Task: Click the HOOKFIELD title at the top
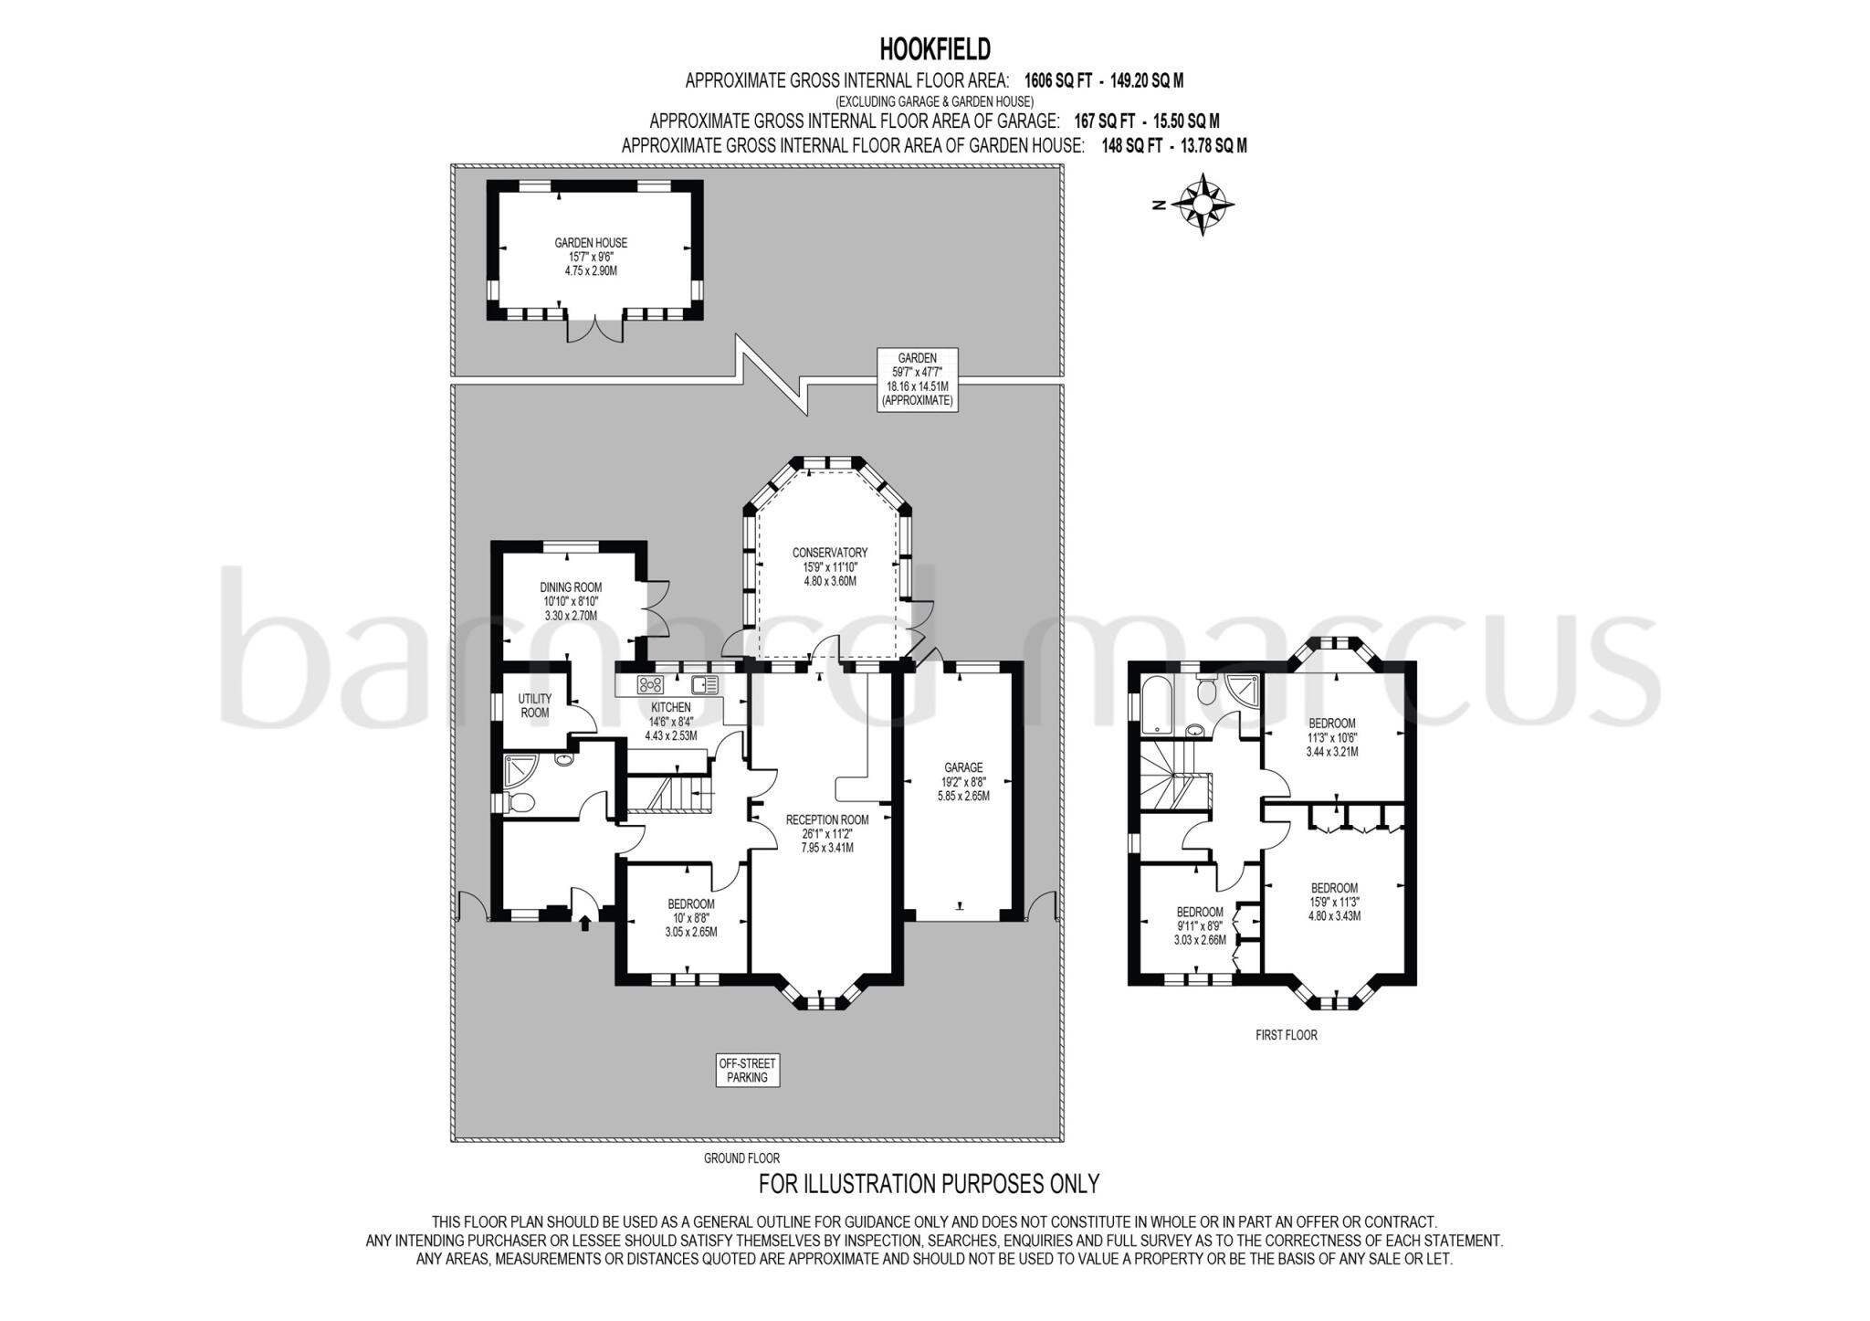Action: (934, 48)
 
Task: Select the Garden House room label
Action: (591, 257)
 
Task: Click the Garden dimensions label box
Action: (917, 379)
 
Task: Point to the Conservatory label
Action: (829, 566)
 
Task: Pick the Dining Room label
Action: (571, 601)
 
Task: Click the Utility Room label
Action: (534, 705)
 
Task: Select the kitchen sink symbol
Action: (705, 684)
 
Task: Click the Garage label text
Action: (963, 781)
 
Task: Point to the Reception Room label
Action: (827, 833)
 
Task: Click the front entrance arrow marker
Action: (584, 924)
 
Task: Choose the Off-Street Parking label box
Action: (747, 1071)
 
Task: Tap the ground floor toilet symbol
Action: (521, 804)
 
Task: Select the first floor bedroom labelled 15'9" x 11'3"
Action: (1334, 901)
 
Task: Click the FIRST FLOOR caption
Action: (1287, 1035)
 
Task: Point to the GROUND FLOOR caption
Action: (741, 1158)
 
